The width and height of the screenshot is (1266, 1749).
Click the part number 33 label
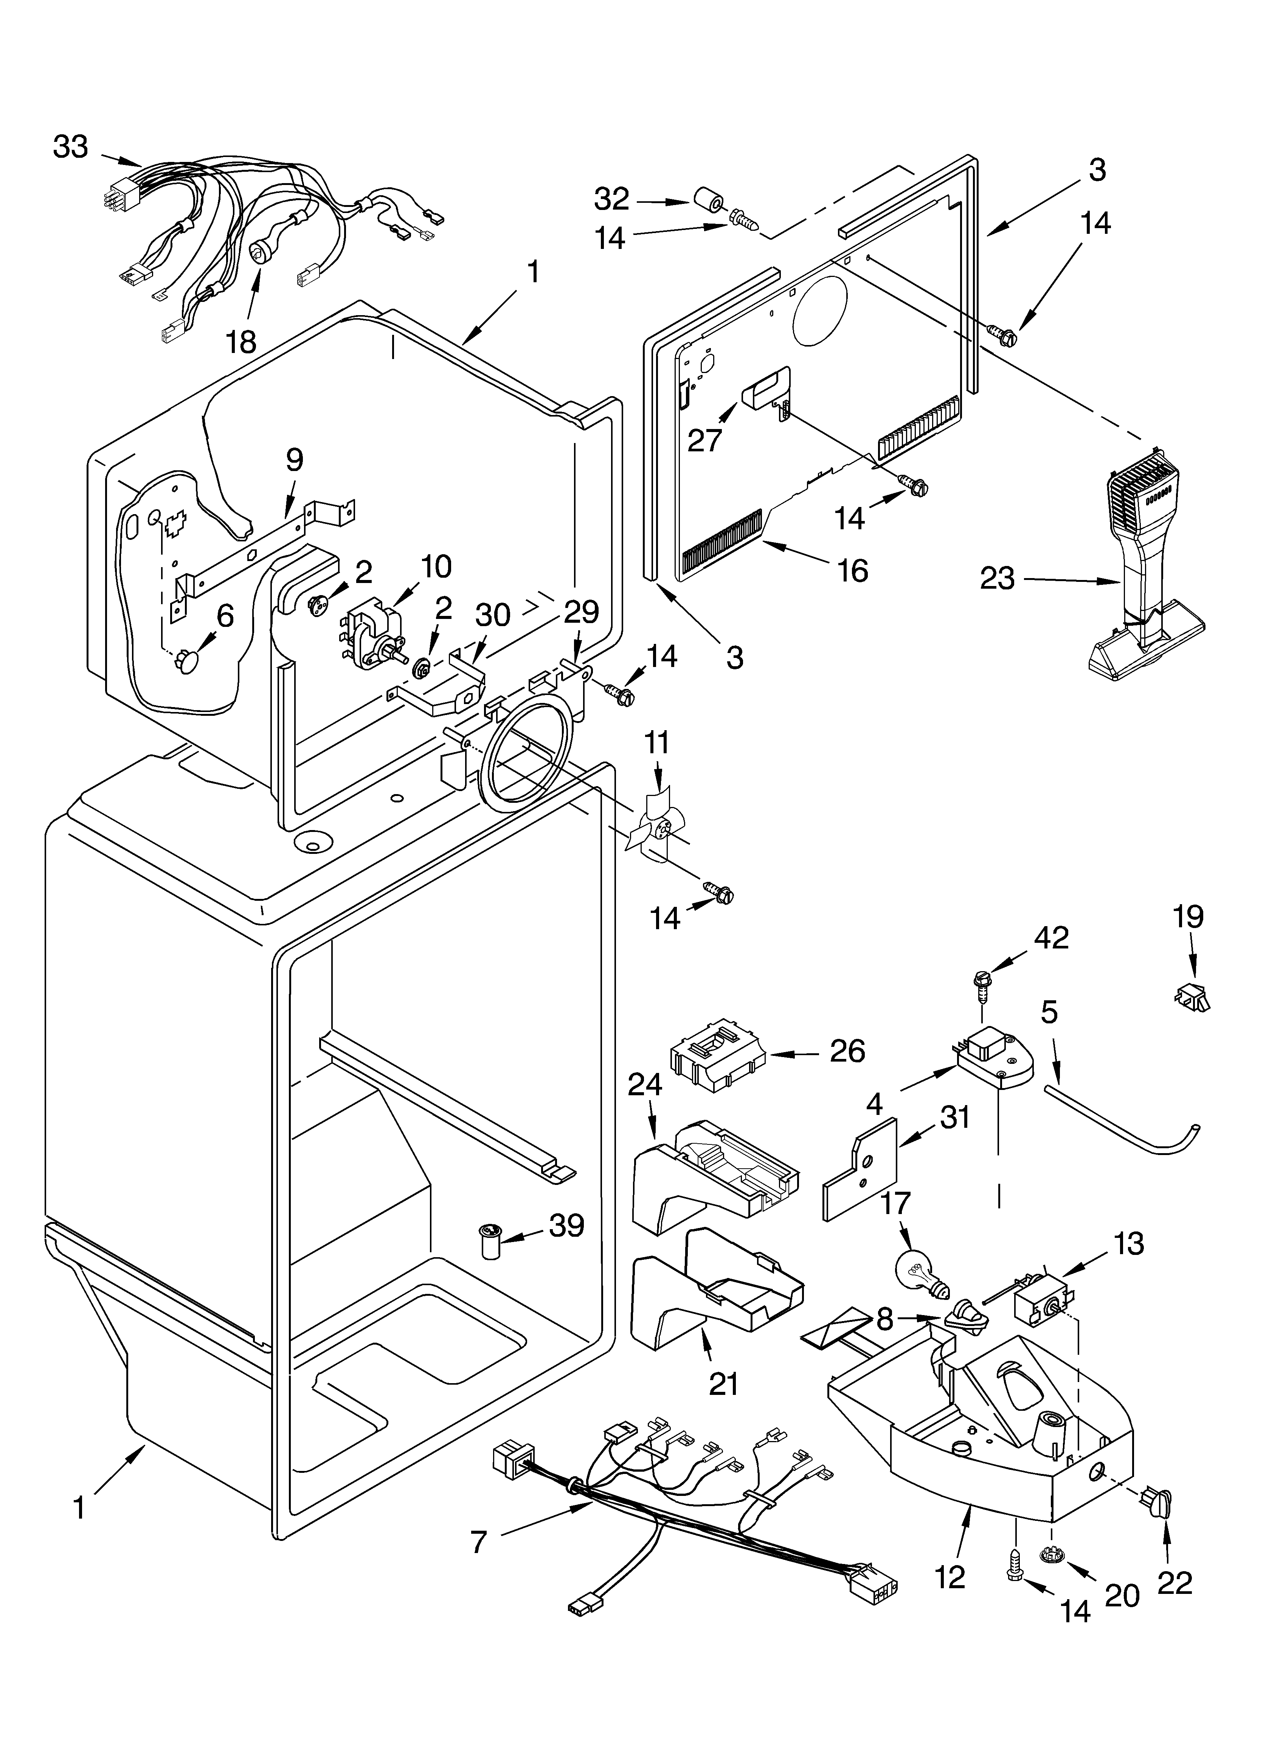(71, 146)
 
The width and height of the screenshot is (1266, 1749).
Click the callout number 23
(997, 578)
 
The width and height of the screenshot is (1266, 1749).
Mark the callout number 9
(295, 460)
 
